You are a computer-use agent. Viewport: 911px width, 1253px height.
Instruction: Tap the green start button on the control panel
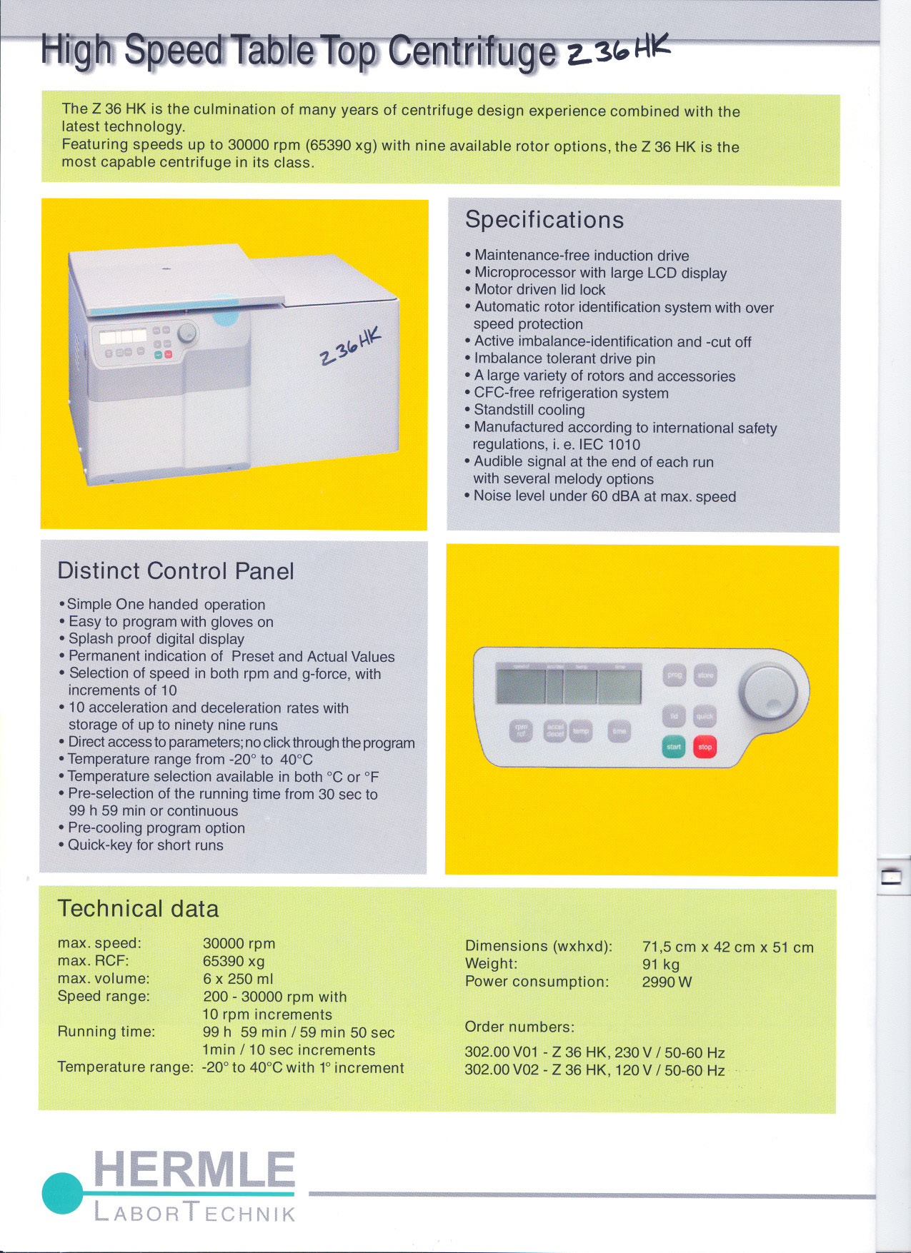point(674,747)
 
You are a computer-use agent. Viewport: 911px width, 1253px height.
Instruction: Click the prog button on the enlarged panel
point(674,675)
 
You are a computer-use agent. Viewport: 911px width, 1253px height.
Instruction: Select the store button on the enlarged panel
point(705,675)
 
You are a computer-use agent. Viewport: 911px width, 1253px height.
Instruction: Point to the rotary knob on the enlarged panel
point(769,691)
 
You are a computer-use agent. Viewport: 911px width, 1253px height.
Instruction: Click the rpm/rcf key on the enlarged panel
point(521,730)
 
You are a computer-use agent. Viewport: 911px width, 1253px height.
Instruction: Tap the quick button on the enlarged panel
point(705,716)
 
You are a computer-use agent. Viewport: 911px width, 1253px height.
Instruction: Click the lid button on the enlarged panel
point(674,716)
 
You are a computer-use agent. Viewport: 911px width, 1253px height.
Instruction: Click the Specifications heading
point(544,220)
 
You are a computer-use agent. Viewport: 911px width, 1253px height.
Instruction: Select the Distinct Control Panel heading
point(176,571)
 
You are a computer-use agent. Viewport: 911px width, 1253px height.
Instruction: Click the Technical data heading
point(138,908)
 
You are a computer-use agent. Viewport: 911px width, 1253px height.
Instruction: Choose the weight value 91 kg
point(661,965)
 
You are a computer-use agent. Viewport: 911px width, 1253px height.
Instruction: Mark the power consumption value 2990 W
point(667,982)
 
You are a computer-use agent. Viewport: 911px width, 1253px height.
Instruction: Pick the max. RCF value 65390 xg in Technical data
point(234,961)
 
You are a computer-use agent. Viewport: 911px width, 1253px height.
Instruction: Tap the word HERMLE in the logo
point(194,1170)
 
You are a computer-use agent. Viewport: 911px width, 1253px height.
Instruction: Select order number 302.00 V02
point(501,1070)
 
